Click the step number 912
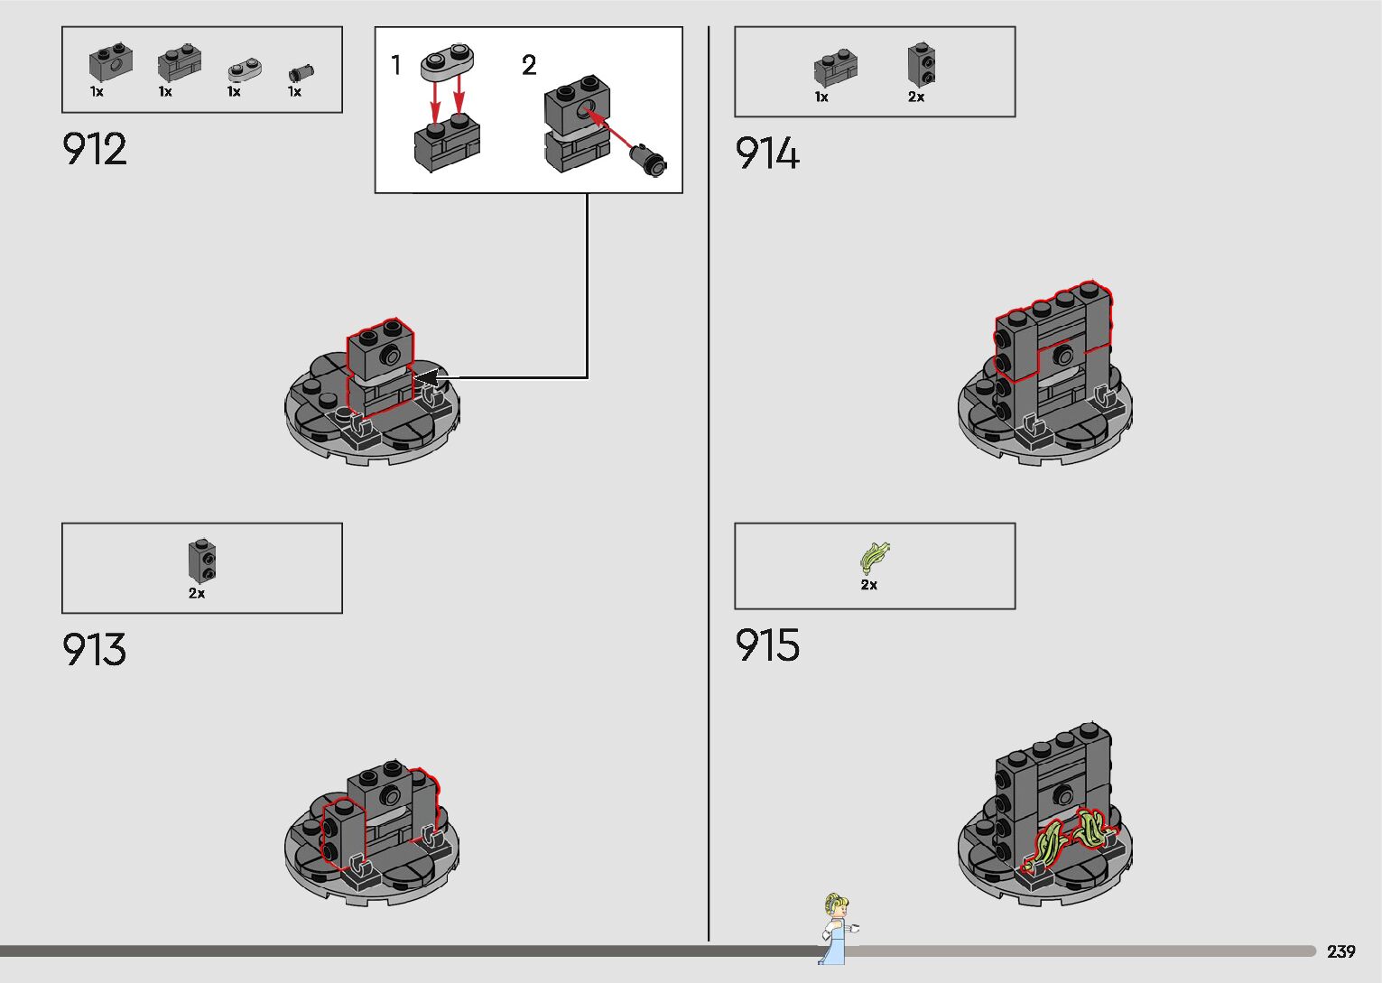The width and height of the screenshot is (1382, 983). click(x=95, y=150)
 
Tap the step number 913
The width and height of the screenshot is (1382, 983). click(x=95, y=650)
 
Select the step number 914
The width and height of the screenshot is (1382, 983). click(x=767, y=153)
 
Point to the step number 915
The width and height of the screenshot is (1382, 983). click(x=767, y=645)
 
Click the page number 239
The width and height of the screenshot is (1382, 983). click(x=1340, y=951)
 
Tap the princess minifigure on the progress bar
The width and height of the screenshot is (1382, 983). click(x=837, y=928)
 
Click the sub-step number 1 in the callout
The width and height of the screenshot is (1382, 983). click(x=395, y=65)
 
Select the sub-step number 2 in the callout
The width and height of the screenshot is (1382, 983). click(x=529, y=65)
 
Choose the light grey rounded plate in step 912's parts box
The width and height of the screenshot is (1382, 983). click(x=243, y=70)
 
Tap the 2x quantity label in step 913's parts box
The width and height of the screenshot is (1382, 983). click(x=197, y=593)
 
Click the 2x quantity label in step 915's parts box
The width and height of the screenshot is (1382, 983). click(x=868, y=585)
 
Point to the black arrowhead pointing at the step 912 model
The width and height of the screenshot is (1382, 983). click(x=426, y=377)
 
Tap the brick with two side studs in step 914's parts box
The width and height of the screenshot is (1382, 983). click(x=920, y=65)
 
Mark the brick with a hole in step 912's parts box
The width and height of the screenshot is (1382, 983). click(x=111, y=62)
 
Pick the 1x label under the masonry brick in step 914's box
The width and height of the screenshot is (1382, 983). click(x=821, y=97)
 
